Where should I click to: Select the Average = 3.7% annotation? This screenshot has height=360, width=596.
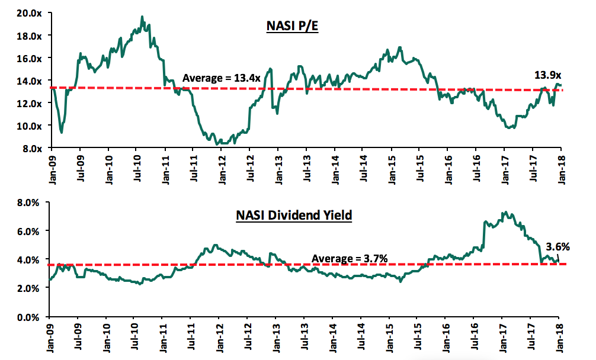350,258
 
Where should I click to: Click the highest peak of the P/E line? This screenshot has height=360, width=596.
142,17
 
